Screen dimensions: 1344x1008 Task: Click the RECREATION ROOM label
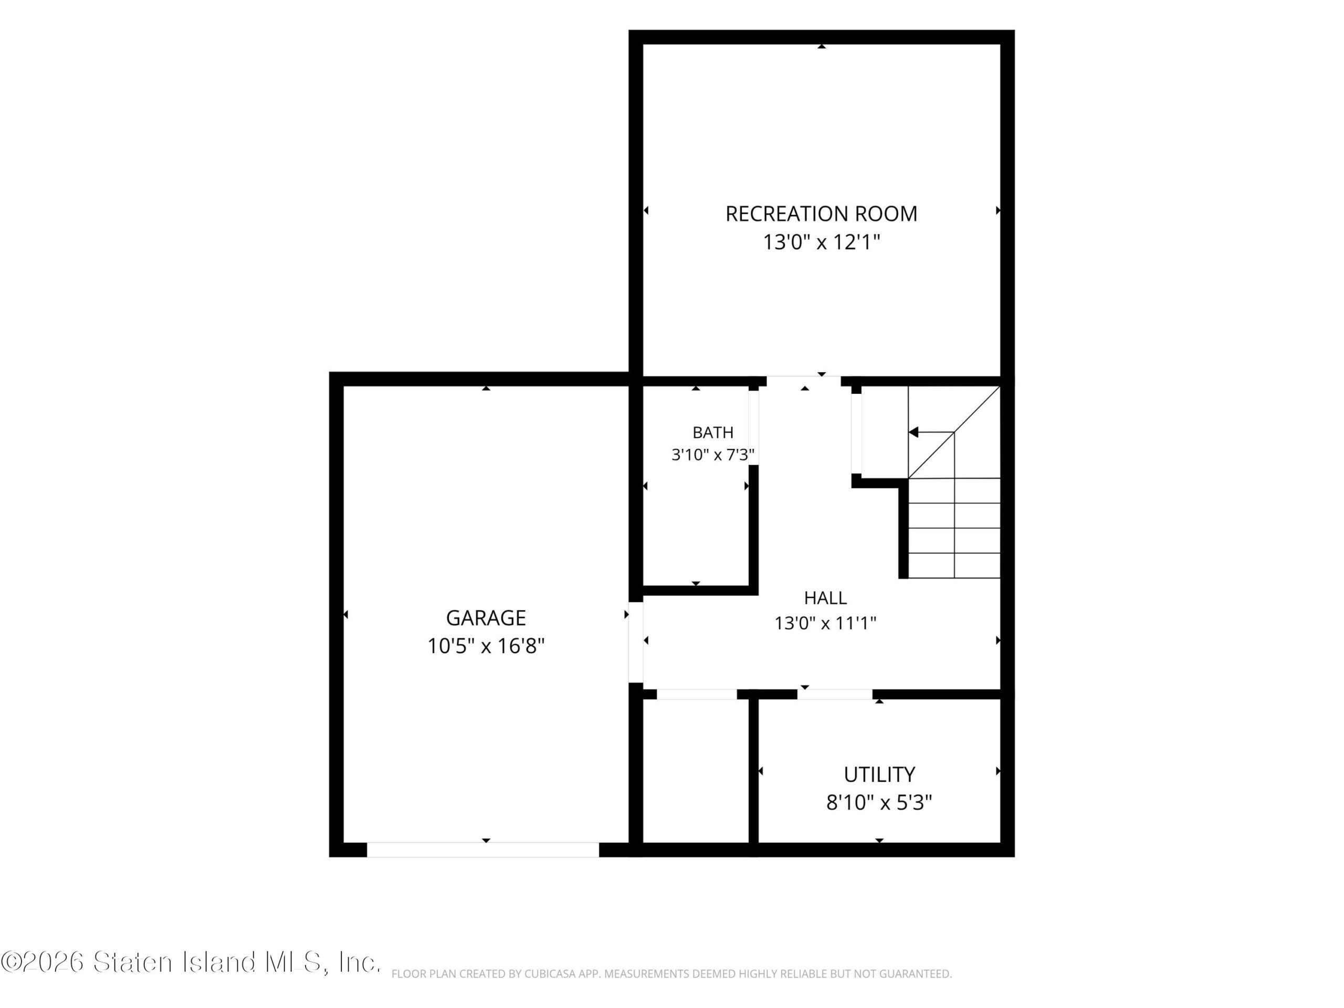tap(821, 214)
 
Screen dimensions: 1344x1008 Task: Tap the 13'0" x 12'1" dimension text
tap(821, 243)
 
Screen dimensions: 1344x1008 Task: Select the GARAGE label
tap(486, 618)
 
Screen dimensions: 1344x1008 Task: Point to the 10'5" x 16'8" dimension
tap(486, 646)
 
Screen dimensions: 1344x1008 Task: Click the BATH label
tap(713, 433)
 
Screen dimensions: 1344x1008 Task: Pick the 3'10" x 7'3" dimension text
tap(713, 455)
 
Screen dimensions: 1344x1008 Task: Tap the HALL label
tap(825, 598)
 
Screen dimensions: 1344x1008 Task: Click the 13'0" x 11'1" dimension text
tap(825, 623)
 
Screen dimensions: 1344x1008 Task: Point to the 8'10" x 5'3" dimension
tap(879, 803)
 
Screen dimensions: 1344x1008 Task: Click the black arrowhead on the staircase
tap(913, 432)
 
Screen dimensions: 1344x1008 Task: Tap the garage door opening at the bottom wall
tap(483, 849)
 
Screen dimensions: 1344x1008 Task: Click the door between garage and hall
tap(636, 642)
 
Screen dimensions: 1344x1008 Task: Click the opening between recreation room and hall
tap(804, 381)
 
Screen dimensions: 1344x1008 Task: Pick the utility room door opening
tap(835, 695)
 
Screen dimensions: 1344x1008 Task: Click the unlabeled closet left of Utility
tap(696, 770)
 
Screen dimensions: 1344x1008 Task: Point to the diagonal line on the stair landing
tap(954, 433)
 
